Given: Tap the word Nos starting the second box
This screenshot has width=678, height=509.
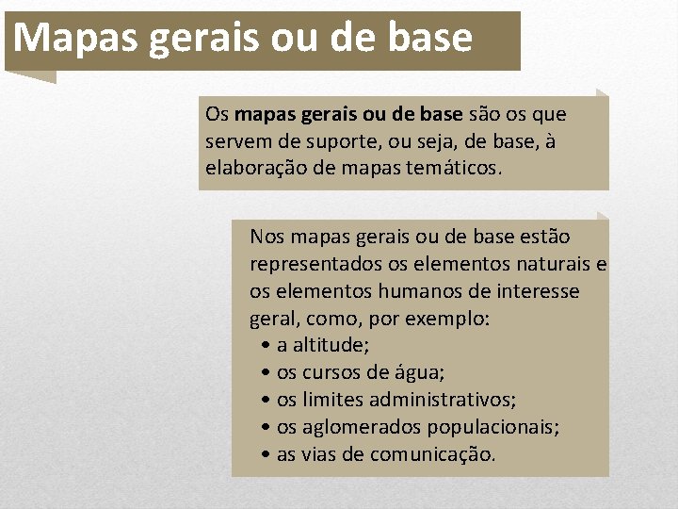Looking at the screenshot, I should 267,236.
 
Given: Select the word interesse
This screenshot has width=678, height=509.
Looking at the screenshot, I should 536,291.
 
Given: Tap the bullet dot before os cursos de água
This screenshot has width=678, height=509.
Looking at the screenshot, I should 268,373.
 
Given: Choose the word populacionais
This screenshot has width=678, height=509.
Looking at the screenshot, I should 492,427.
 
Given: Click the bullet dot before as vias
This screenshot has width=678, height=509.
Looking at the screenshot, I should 268,455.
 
